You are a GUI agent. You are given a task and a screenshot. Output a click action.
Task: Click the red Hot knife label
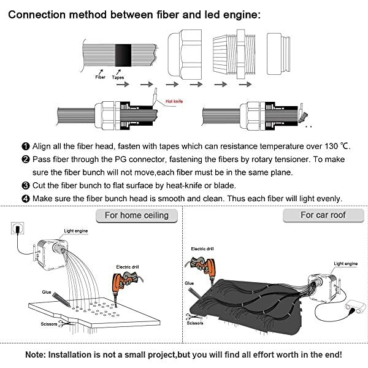(174, 101)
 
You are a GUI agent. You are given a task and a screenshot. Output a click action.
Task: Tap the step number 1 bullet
(25, 146)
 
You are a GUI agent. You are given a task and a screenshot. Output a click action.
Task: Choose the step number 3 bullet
(25, 185)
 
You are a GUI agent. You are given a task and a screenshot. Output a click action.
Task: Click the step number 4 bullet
(25, 197)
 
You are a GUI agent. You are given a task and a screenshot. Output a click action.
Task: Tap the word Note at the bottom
(38, 355)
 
